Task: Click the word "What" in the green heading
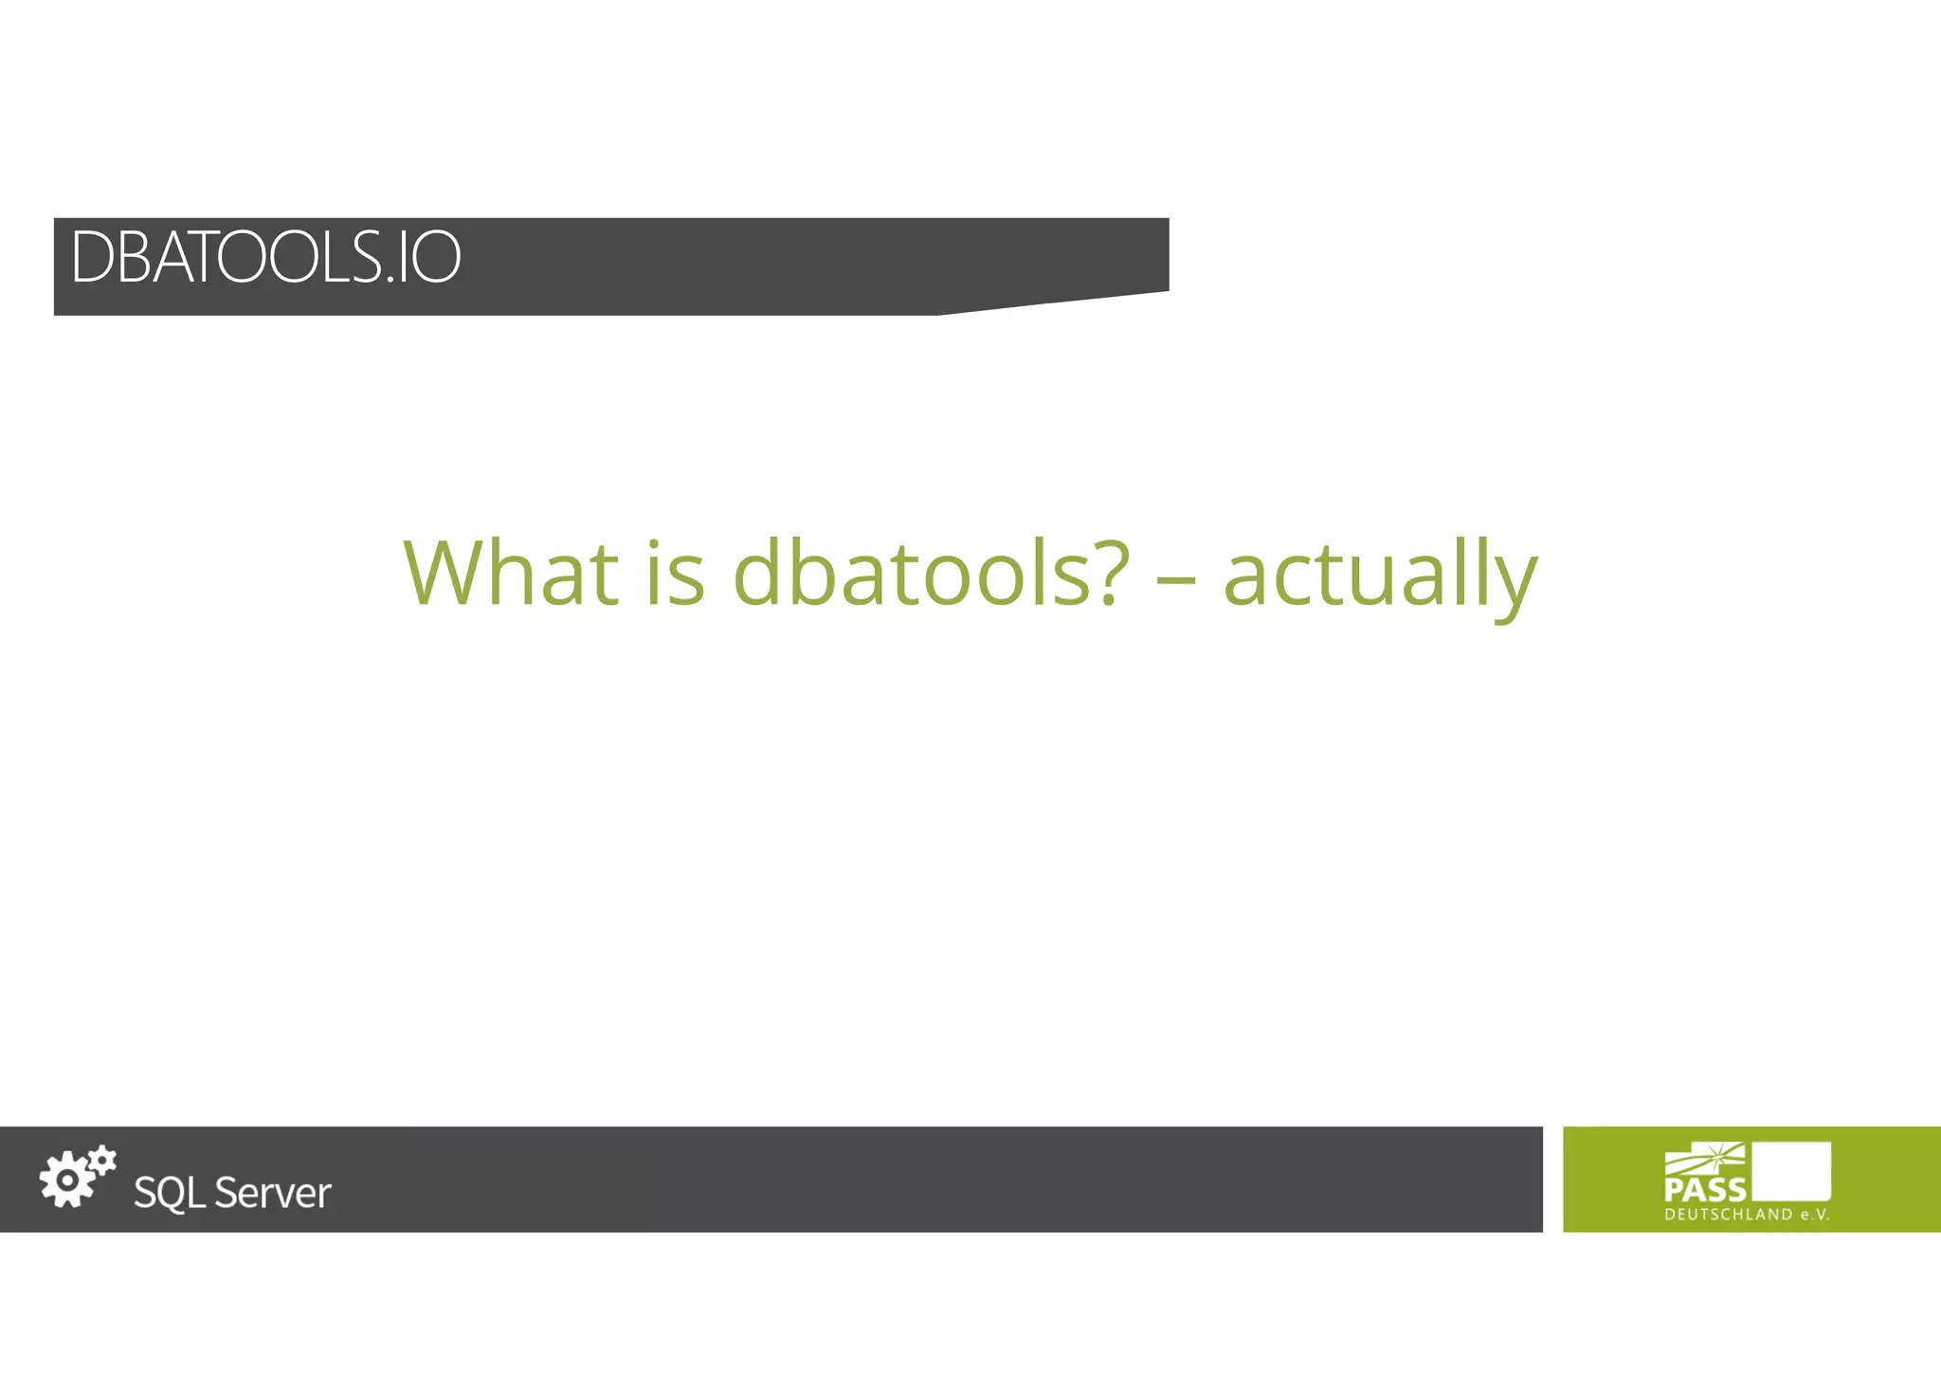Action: (x=511, y=573)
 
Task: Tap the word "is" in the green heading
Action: (x=675, y=573)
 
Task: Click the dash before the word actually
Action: (x=1176, y=577)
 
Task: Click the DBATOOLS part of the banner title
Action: (x=226, y=257)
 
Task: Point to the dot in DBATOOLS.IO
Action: (x=390, y=280)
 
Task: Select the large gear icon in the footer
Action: (x=66, y=1181)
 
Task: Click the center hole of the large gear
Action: (x=66, y=1181)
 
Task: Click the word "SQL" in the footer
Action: (x=170, y=1193)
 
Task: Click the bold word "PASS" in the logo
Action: (x=1704, y=1189)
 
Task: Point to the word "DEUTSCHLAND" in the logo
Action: (x=1728, y=1215)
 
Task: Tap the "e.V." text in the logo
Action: (x=1815, y=1215)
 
